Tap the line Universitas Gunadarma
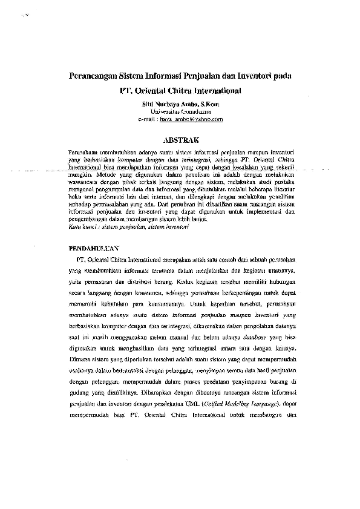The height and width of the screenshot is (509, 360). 180,112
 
